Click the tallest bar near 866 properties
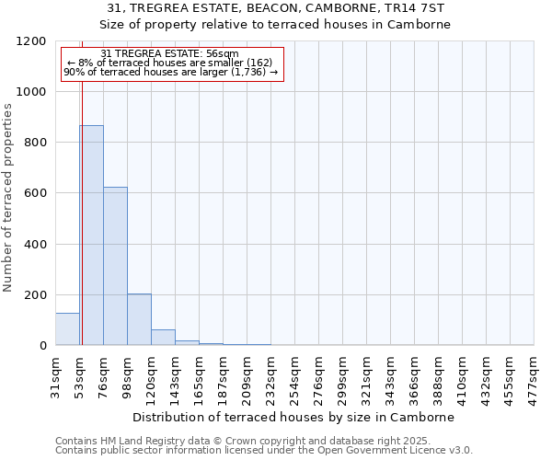91,235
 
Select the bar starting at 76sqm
115,266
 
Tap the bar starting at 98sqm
139,319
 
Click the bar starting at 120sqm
163,338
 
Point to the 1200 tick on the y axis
32,41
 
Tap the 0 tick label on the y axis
43,346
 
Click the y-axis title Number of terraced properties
8,198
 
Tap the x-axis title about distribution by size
300,417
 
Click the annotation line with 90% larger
171,72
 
